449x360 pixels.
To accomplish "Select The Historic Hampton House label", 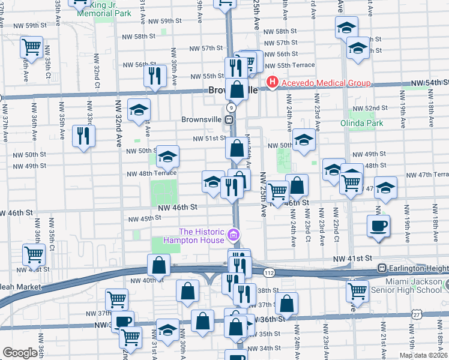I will (202, 236).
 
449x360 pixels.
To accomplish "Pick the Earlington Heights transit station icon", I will (381, 268).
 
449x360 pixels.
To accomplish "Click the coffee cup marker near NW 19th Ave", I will (379, 226).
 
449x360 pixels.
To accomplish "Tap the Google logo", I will (20, 353).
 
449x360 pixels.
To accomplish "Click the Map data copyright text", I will (424, 355).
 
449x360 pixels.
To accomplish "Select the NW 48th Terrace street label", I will (151, 174).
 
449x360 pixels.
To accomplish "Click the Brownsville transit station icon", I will (229, 119).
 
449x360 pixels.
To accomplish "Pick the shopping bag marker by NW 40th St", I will (158, 265).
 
